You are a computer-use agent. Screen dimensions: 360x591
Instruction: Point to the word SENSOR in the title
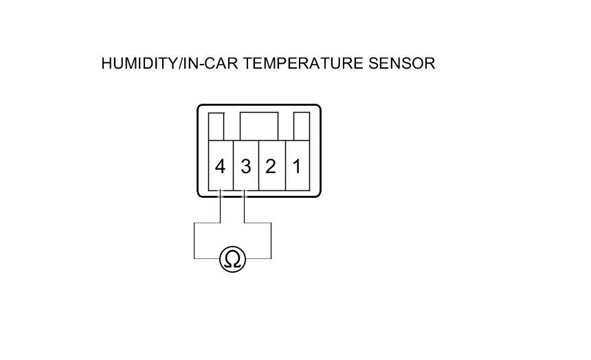pyautogui.click(x=402, y=63)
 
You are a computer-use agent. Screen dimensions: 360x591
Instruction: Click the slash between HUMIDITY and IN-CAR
pyautogui.click(x=179, y=63)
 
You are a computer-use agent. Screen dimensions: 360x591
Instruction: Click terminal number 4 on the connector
pyautogui.click(x=220, y=166)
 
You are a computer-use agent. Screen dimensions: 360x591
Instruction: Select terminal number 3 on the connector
pyautogui.click(x=245, y=166)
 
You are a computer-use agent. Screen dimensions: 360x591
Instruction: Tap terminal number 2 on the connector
pyautogui.click(x=271, y=166)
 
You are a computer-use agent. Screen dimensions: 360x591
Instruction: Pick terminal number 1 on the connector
pyautogui.click(x=297, y=166)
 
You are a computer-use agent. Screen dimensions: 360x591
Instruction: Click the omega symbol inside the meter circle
pyautogui.click(x=232, y=260)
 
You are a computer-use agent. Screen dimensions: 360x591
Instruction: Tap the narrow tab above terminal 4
pyautogui.click(x=216, y=126)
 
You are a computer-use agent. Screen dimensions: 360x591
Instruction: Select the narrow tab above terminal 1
pyautogui.click(x=301, y=126)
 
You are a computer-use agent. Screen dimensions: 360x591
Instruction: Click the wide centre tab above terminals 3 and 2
pyautogui.click(x=259, y=126)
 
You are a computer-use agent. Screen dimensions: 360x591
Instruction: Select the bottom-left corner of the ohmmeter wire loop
pyautogui.click(x=194, y=258)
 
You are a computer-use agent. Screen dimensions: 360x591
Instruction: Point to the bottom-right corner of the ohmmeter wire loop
pyautogui.click(x=271, y=258)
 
